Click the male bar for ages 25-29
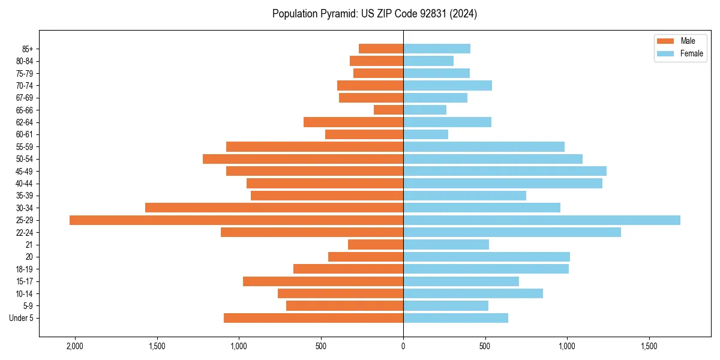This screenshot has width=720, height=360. point(236,220)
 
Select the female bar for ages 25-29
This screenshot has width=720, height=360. point(541,220)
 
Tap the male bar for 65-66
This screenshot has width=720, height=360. point(388,110)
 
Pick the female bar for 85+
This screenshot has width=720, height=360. point(436,49)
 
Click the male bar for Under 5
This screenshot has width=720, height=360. point(313,318)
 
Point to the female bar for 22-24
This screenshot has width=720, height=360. point(512,232)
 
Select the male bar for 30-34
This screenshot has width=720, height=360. point(274,208)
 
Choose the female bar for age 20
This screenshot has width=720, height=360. point(486,257)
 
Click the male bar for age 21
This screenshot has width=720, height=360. point(376,245)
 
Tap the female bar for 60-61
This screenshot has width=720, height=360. point(425,134)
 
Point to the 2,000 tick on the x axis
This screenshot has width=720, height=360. point(75,346)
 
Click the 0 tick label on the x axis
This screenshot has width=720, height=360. point(403,346)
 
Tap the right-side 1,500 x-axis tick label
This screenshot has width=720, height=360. point(649,346)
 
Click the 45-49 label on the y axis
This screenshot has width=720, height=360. point(25,171)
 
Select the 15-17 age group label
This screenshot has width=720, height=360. point(25,281)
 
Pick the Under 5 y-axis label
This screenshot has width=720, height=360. point(22,318)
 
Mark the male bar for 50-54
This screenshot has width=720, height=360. point(303,159)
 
